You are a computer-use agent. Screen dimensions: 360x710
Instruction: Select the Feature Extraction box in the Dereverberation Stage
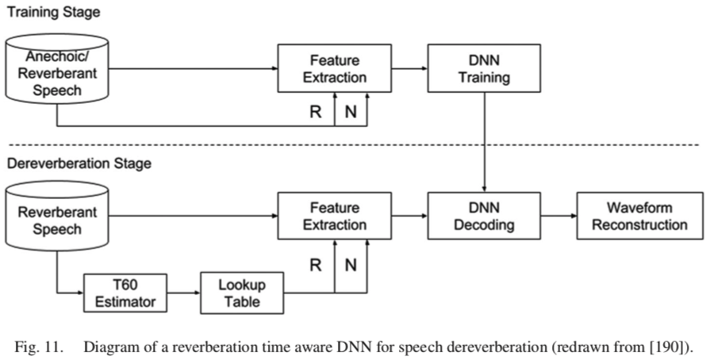(x=333, y=216)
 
